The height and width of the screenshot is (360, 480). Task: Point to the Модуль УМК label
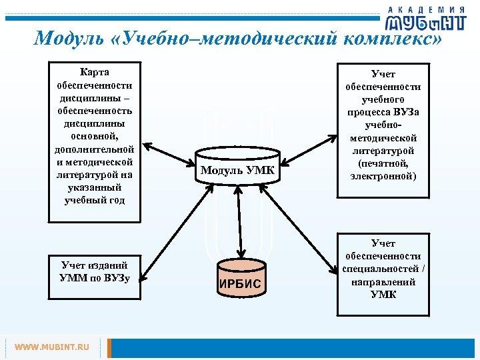(x=237, y=170)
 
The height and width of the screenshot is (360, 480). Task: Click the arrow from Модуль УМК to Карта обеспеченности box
(x=170, y=155)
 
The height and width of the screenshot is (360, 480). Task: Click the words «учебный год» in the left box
(x=95, y=201)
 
